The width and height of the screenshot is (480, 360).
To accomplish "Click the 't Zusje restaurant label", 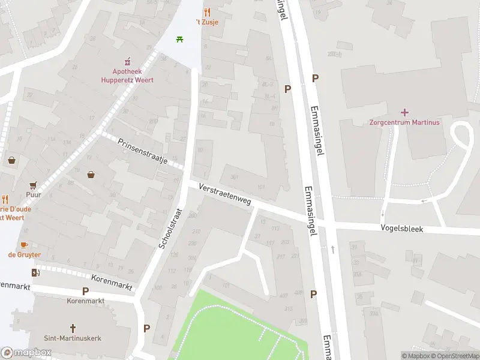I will click(x=206, y=22).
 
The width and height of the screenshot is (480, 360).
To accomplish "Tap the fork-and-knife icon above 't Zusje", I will click(x=207, y=12).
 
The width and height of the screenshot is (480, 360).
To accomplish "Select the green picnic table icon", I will click(x=179, y=40).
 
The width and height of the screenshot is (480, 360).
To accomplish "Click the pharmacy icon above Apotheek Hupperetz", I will click(x=127, y=61).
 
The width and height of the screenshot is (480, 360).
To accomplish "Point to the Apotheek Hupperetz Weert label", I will click(x=127, y=76).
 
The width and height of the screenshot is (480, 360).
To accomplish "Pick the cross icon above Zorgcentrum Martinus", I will click(x=404, y=112).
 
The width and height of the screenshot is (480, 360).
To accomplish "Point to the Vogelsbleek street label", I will click(x=401, y=229).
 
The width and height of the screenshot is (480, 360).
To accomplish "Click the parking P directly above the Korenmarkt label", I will click(x=85, y=291).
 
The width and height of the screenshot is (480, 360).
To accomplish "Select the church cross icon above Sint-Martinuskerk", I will click(x=73, y=328).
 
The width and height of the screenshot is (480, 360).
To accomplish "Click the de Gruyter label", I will click(x=24, y=254).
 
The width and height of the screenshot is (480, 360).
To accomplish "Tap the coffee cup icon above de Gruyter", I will click(x=24, y=244).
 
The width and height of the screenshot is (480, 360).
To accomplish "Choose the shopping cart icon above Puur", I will click(x=33, y=185).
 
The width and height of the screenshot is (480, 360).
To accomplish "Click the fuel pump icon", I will click(x=35, y=273).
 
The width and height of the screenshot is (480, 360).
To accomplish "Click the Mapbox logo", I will click(x=26, y=353).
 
